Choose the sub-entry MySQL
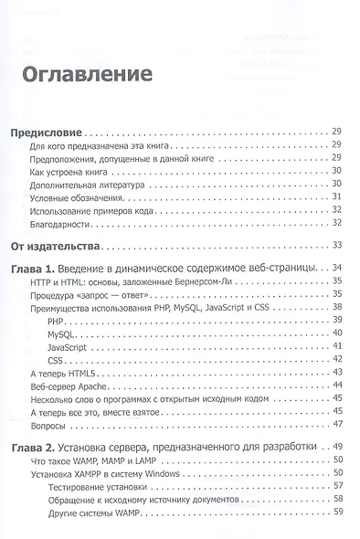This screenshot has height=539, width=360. click(x=62, y=336)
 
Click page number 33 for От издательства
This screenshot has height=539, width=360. click(x=337, y=245)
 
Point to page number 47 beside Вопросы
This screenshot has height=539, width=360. click(x=337, y=425)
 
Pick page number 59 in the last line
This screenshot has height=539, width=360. click(x=337, y=512)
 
